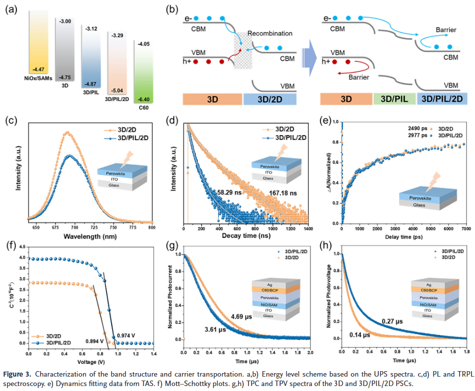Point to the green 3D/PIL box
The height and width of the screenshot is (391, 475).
[394, 98]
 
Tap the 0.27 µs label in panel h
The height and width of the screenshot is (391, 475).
[392, 321]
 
